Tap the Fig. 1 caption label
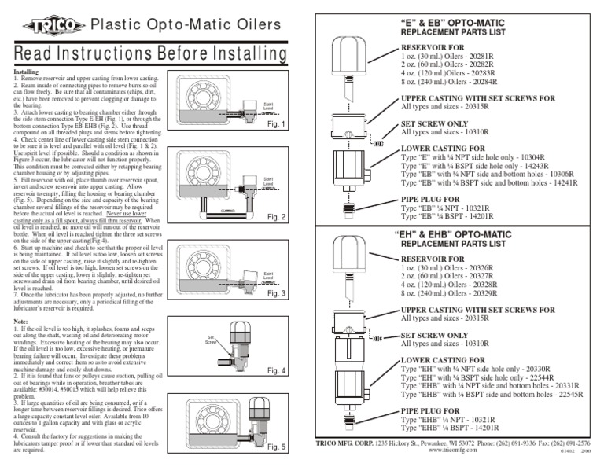point(274,125)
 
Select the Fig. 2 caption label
point(274,216)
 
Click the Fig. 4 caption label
point(274,370)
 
